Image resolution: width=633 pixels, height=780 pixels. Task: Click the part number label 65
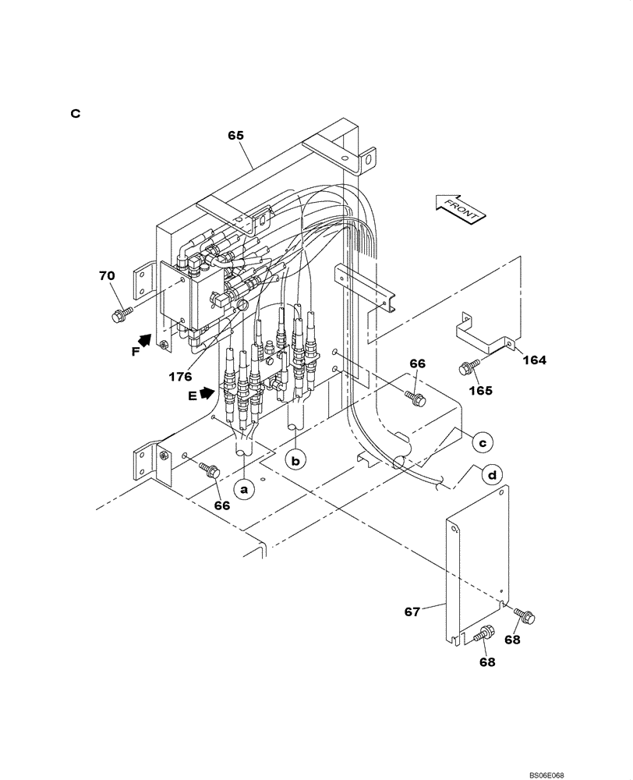click(x=236, y=135)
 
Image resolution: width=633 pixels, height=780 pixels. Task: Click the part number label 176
click(x=180, y=376)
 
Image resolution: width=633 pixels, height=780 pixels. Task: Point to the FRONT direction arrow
click(x=458, y=208)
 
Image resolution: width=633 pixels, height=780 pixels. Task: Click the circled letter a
click(x=244, y=490)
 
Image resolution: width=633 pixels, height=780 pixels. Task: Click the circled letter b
click(x=295, y=460)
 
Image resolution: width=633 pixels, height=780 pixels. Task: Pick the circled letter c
click(x=482, y=441)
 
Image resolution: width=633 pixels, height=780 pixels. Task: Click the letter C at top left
click(x=76, y=113)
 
